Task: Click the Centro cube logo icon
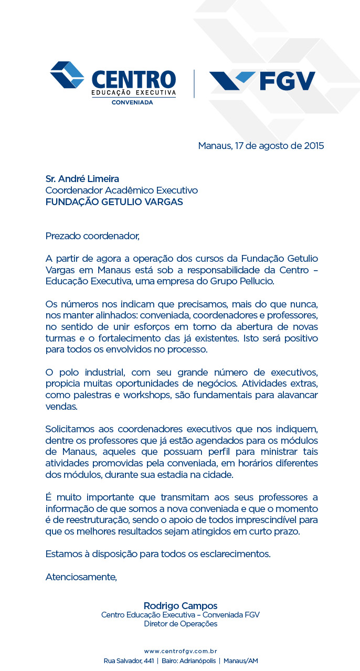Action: [67, 74]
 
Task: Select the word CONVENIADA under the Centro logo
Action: [132, 102]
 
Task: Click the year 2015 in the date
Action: [314, 146]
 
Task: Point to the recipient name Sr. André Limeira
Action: [86, 179]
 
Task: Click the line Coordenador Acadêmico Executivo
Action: [121, 190]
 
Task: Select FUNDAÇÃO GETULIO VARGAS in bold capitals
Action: [114, 202]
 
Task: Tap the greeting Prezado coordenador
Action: [93, 236]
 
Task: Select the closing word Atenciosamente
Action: [81, 577]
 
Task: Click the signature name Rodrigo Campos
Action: [180, 605]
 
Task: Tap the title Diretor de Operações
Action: [180, 624]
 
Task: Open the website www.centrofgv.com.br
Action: [181, 651]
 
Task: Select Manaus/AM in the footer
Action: [240, 661]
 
